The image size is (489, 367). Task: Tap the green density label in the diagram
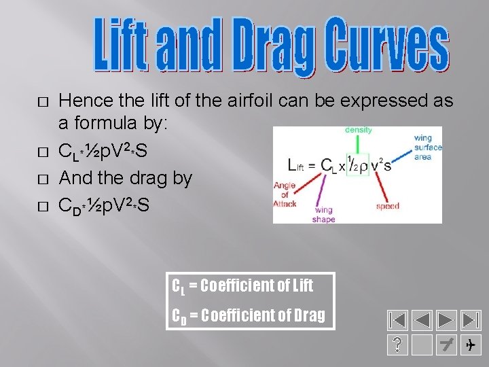[x=358, y=129]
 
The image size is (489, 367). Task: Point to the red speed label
[x=387, y=206]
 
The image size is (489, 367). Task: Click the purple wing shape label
[x=323, y=215]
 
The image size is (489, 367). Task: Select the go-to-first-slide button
[x=397, y=319]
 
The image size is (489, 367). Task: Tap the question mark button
[x=397, y=345]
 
